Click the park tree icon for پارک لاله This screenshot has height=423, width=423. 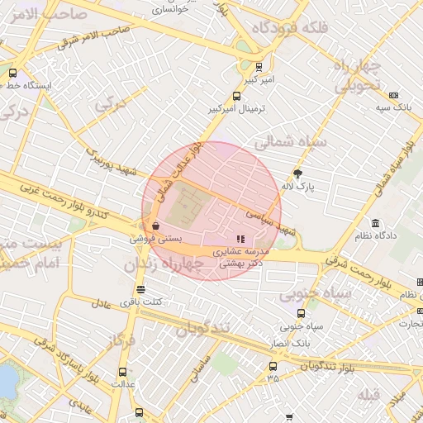[298, 173]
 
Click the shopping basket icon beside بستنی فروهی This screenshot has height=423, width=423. [155, 226]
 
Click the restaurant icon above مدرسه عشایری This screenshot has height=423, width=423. [240, 239]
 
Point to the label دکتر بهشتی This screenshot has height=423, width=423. [240, 260]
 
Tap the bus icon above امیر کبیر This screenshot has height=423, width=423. [260, 67]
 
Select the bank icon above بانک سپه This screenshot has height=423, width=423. [393, 95]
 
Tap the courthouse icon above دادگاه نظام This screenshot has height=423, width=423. [376, 224]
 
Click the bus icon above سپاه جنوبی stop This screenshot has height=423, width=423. [301, 313]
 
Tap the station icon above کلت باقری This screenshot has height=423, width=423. [140, 290]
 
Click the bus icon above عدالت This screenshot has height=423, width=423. [123, 372]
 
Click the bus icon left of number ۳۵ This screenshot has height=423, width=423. [273, 366]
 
